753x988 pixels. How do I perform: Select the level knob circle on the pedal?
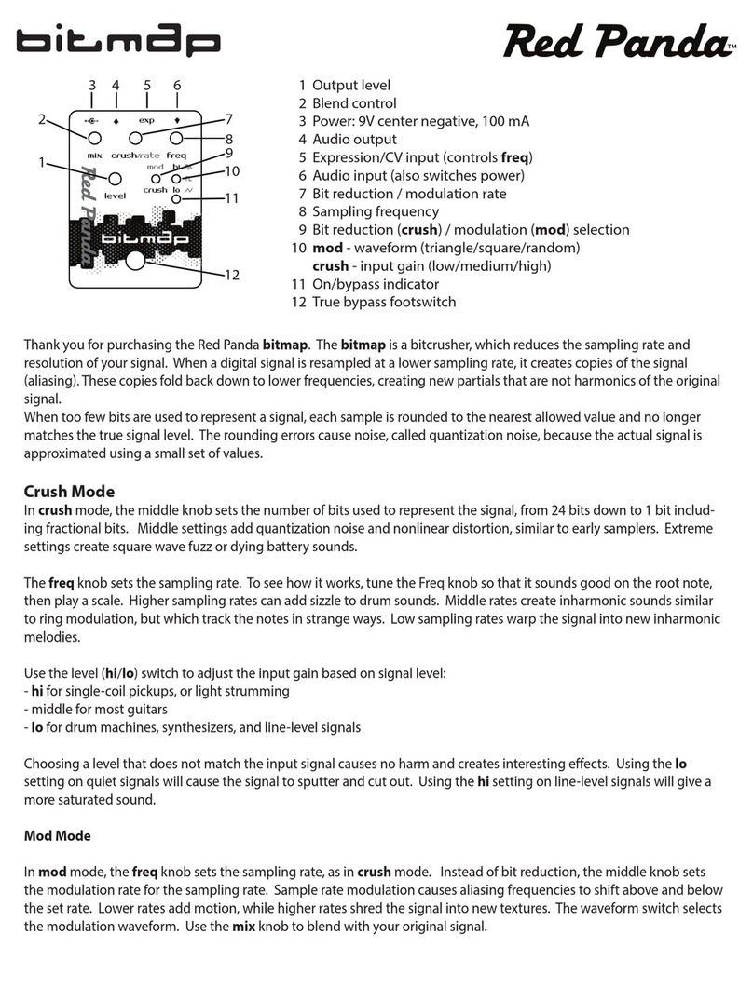(116, 179)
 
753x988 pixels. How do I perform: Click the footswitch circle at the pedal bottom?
(136, 261)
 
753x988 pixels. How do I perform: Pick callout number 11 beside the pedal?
(232, 198)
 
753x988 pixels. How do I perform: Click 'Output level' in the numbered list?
(351, 86)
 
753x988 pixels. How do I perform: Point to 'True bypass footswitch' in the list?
(384, 302)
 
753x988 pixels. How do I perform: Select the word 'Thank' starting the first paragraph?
(43, 345)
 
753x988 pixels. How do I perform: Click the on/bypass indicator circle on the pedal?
(176, 198)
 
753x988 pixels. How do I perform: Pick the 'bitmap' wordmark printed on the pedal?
(147, 238)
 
